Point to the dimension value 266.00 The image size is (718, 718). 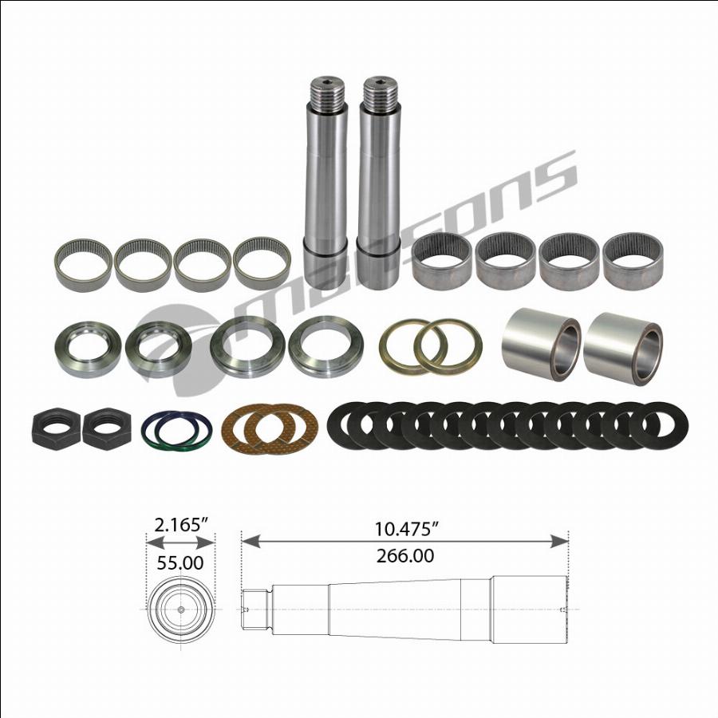(404, 556)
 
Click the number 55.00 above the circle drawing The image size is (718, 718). (180, 563)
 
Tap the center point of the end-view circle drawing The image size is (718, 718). (181, 610)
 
